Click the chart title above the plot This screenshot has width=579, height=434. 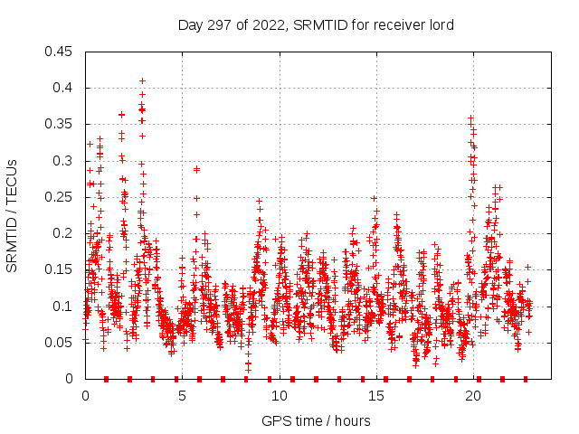pyautogui.click(x=316, y=25)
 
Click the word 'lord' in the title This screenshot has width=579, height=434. pyautogui.click(x=441, y=25)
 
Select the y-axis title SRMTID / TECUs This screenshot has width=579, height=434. pyautogui.click(x=13, y=215)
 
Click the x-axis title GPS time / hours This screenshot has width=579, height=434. pyautogui.click(x=316, y=420)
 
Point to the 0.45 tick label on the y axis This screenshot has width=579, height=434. pyautogui.click(x=61, y=52)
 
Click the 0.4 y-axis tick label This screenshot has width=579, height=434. pyautogui.click(x=64, y=88)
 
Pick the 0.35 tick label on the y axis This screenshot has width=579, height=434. pyautogui.click(x=61, y=124)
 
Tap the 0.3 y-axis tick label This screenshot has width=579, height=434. pyautogui.click(x=64, y=161)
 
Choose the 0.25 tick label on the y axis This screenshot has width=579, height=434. pyautogui.click(x=61, y=197)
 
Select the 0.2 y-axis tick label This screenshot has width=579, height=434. pyautogui.click(x=64, y=233)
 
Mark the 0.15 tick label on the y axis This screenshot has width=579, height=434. pyautogui.click(x=61, y=269)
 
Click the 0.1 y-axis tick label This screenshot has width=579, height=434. pyautogui.click(x=64, y=306)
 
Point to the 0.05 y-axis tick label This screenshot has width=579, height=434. pyautogui.click(x=61, y=343)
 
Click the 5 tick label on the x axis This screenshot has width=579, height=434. pyautogui.click(x=182, y=395)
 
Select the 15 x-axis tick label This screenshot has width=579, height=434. pyautogui.click(x=375, y=395)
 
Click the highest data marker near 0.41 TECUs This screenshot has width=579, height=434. pyautogui.click(x=142, y=80)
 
